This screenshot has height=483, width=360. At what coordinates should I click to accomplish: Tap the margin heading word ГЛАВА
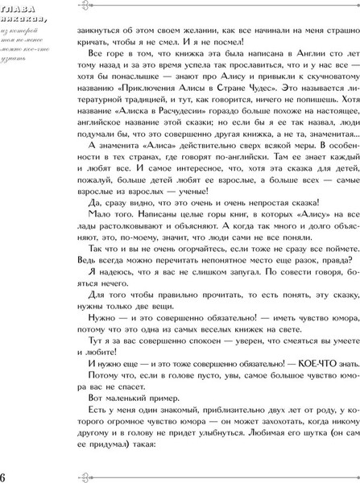16,9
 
